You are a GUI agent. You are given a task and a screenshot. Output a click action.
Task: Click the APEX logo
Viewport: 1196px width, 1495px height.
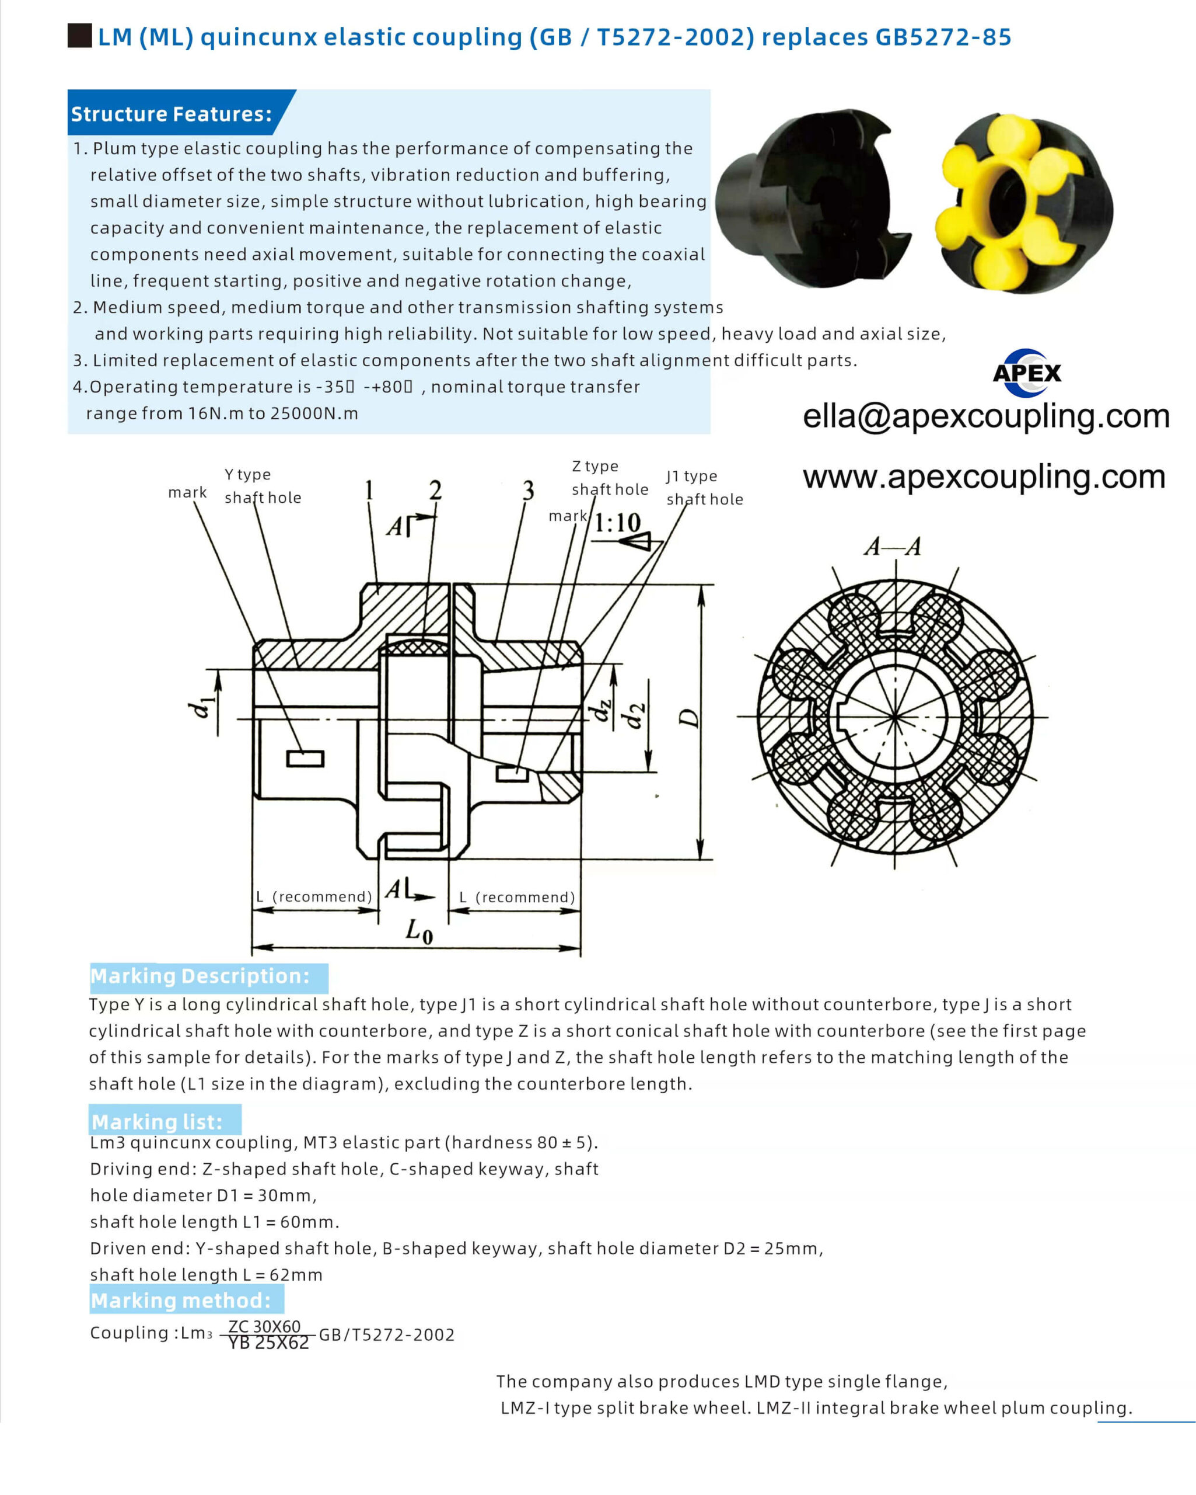click(x=1026, y=373)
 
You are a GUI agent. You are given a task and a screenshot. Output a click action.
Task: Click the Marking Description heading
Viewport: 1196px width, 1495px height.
click(x=200, y=976)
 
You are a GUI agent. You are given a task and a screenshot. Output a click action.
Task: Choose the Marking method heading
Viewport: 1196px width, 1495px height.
click(x=181, y=1300)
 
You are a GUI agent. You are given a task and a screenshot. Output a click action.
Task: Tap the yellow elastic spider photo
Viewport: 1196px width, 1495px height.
click(x=1023, y=203)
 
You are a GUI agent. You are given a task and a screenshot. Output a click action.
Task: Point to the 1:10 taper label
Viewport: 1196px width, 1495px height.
click(x=617, y=522)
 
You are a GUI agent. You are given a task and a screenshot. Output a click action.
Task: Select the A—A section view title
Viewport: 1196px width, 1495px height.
click(x=893, y=547)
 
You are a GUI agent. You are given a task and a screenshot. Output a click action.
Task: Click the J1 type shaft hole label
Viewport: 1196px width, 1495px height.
click(x=704, y=488)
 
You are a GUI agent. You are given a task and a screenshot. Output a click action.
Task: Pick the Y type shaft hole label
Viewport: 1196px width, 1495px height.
click(x=263, y=486)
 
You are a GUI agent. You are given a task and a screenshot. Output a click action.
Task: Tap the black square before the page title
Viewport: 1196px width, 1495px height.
click(x=80, y=36)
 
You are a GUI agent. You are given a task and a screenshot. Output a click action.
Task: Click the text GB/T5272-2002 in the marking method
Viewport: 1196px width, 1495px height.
click(x=386, y=1335)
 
